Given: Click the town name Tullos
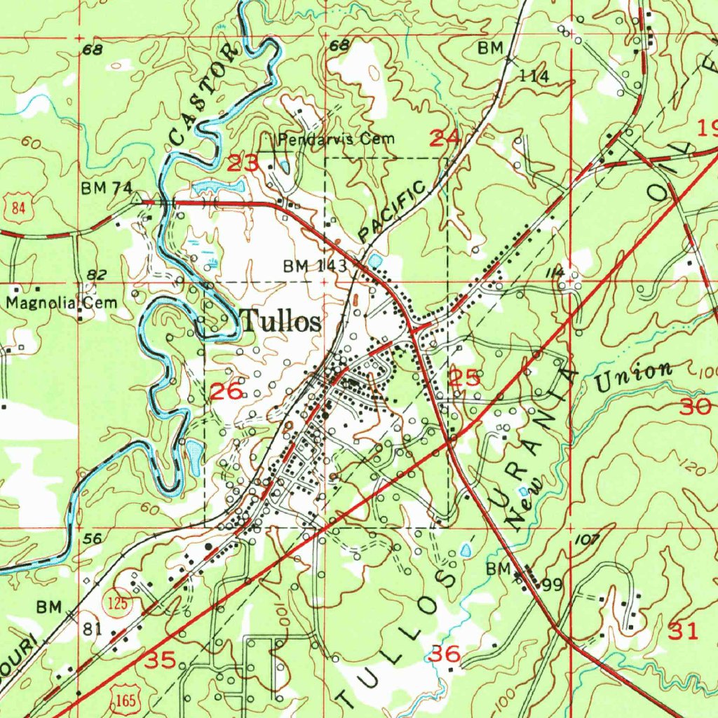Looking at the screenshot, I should point(281,322).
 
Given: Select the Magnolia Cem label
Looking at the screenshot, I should point(62,304).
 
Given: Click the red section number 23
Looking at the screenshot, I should point(243,165).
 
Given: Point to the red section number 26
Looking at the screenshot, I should point(228,393).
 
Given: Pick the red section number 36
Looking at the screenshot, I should point(445,655).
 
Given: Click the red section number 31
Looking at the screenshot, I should point(684,631).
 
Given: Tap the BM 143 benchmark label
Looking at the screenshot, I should point(316,266).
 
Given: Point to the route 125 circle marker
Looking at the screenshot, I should point(117,603).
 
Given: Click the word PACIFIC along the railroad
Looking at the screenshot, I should point(393,211).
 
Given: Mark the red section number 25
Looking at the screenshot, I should point(464,379).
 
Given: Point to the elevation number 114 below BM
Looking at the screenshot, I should point(534,76).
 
